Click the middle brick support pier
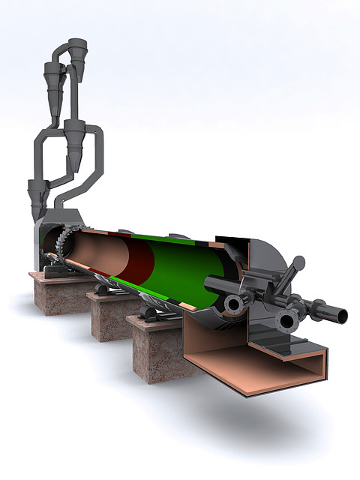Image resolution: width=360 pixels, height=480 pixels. point(112,319)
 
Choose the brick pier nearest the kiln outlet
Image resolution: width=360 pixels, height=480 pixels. point(157,349)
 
